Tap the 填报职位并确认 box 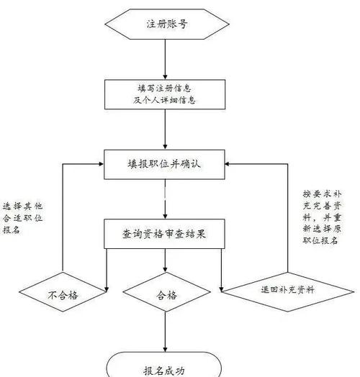pyautogui.click(x=166, y=164)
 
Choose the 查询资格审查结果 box pyautogui.click(x=166, y=234)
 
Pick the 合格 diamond pyautogui.click(x=166, y=294)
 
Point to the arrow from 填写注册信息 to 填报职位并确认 pyautogui.click(x=166, y=130)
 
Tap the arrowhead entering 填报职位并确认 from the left pyautogui.click(x=102, y=164)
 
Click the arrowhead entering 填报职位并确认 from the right pyautogui.click(x=232, y=164)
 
